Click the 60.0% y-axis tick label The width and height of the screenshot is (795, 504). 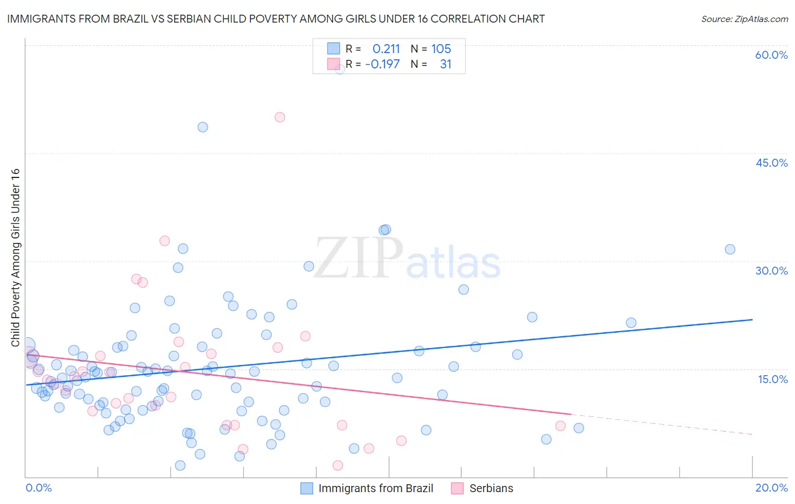(771, 55)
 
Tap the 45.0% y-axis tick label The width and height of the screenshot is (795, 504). (771, 163)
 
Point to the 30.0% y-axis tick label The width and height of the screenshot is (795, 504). (771, 271)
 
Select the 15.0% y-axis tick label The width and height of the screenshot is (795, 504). (772, 379)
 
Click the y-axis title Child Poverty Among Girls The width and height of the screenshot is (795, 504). (15, 258)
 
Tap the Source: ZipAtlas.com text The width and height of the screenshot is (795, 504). (744, 19)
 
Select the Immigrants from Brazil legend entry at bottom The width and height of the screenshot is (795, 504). (375, 488)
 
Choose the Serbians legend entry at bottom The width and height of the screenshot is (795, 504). (491, 488)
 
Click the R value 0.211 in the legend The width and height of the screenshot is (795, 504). (386, 49)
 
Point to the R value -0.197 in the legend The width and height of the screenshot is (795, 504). (383, 64)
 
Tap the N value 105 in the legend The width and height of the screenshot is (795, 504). (441, 49)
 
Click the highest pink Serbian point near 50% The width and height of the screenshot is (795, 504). (279, 118)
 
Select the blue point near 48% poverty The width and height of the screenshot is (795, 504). (202, 127)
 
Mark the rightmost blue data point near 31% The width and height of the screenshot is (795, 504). (730, 249)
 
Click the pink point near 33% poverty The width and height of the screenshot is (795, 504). (165, 241)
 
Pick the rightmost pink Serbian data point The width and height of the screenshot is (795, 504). (560, 426)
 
